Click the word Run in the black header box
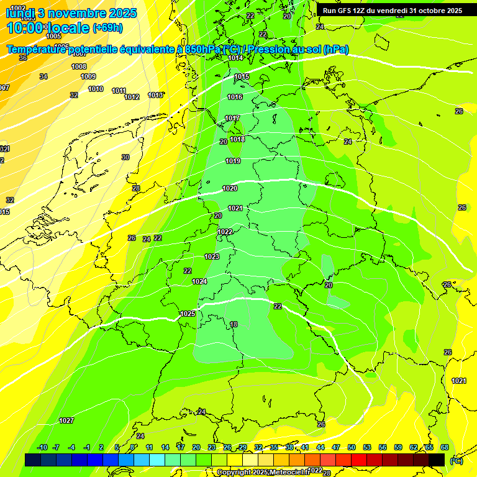click(329, 11)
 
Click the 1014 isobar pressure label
click(235, 58)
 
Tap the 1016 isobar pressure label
click(235, 97)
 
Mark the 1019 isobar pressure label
click(233, 161)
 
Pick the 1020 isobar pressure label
click(230, 188)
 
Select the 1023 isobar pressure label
click(212, 257)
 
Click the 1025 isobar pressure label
click(188, 314)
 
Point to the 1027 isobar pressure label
click(66, 420)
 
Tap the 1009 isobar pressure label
click(88, 76)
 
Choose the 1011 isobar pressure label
click(119, 91)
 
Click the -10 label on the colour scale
click(42, 447)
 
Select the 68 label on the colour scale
click(444, 447)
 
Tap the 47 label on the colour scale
click(336, 447)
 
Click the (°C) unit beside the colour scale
click(456, 460)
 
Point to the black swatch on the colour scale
click(437, 460)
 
